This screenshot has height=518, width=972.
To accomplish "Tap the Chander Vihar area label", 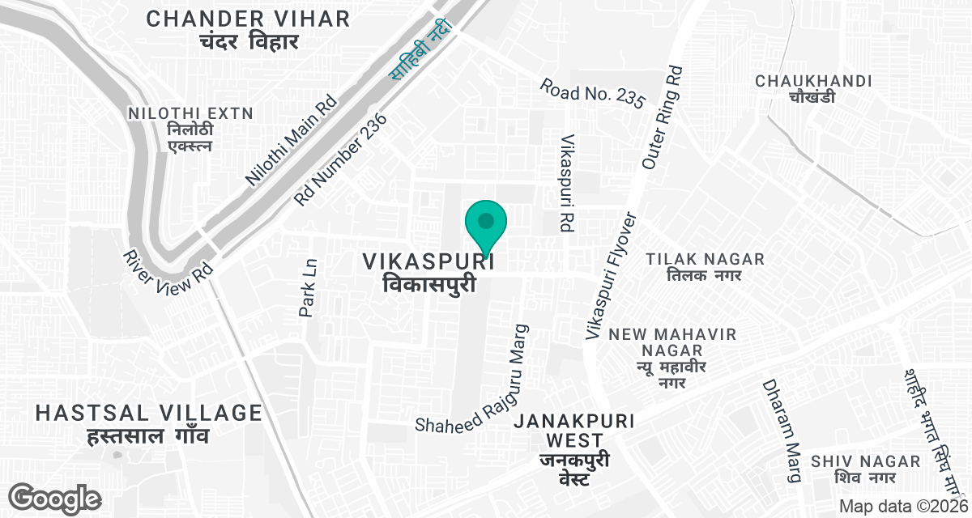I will (x=248, y=29).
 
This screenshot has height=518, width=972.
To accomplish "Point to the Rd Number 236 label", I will (x=341, y=159).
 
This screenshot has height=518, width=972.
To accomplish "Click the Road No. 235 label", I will (x=593, y=93).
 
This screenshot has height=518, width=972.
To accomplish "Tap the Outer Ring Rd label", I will (x=662, y=118).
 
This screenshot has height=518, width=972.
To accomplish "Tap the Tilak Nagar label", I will (x=705, y=266).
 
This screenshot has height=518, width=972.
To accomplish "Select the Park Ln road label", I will (x=308, y=287).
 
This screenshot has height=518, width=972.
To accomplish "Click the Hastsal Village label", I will (x=149, y=422).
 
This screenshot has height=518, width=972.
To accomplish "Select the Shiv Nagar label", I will (x=866, y=469).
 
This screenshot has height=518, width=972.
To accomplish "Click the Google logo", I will (x=55, y=499).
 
